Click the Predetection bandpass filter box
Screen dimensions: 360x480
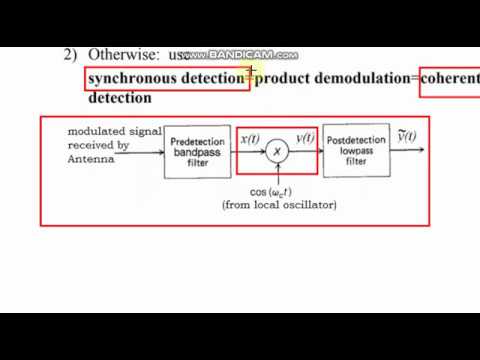(197, 151)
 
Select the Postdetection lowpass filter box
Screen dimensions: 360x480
(356, 150)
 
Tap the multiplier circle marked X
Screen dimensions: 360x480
(278, 151)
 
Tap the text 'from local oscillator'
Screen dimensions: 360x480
(279, 205)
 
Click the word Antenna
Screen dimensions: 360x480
(89, 157)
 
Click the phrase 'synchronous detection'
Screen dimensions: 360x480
(166, 77)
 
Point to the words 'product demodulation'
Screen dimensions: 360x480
(335, 77)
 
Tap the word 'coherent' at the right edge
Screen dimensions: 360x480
(451, 77)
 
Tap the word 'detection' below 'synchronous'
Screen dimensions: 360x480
(120, 98)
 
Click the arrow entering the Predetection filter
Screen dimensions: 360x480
(150, 151)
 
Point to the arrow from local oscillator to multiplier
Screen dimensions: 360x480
(278, 172)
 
